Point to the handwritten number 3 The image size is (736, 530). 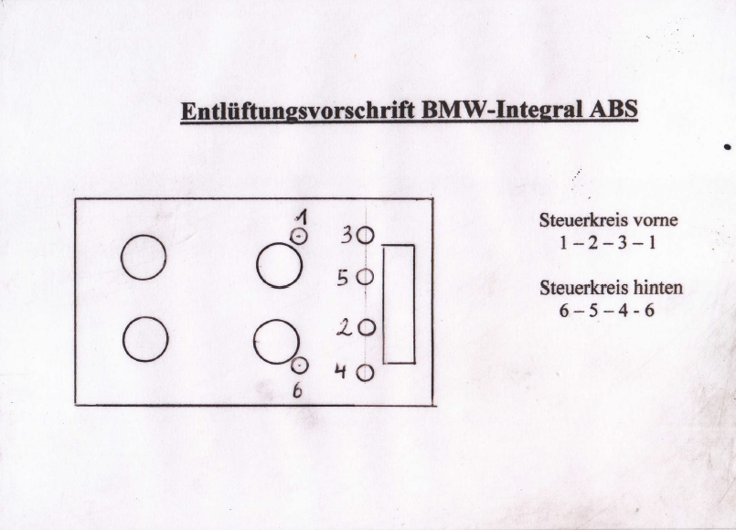click(x=347, y=235)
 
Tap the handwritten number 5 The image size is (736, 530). click(x=342, y=278)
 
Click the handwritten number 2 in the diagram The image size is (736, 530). click(x=344, y=328)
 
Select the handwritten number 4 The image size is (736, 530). click(x=340, y=373)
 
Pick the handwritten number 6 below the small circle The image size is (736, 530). click(x=297, y=391)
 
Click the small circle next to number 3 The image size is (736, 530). click(x=365, y=235)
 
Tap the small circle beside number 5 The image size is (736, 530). click(x=365, y=277)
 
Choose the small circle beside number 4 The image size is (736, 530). click(x=364, y=373)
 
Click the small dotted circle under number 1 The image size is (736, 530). click(x=299, y=237)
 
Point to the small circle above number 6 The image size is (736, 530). click(x=298, y=366)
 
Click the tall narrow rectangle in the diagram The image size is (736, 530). click(x=399, y=303)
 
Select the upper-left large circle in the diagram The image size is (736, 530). click(x=144, y=257)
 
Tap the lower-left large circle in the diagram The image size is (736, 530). click(x=144, y=340)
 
